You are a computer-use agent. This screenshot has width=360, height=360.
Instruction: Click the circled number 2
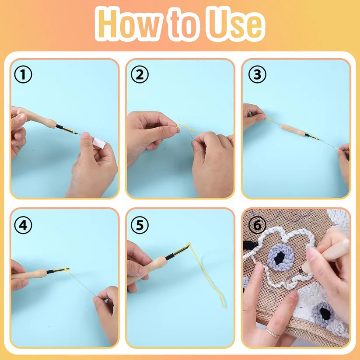(140, 75)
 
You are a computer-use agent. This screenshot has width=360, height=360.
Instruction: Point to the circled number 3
(257, 75)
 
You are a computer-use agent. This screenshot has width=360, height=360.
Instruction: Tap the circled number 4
(23, 225)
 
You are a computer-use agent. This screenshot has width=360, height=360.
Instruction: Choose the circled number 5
(140, 225)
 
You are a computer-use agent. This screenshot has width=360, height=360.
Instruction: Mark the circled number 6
(257, 225)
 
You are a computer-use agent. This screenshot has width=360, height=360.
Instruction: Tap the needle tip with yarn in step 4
(67, 270)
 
